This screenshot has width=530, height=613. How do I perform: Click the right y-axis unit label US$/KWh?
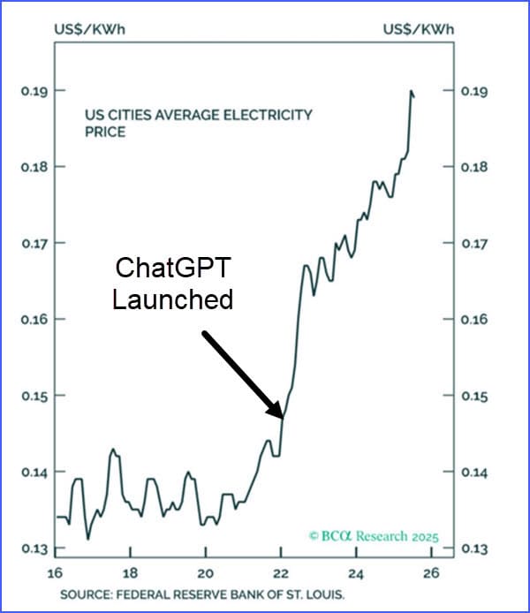click(x=418, y=29)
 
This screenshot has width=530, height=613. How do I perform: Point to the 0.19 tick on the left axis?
click(x=34, y=91)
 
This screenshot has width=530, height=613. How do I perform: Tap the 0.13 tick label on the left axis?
click(x=34, y=549)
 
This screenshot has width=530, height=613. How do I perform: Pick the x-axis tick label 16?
click(x=57, y=571)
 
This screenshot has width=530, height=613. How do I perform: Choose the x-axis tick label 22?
click(x=281, y=571)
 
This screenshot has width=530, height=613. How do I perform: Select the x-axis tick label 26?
click(x=431, y=571)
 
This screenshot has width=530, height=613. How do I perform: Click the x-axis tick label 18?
click(x=131, y=571)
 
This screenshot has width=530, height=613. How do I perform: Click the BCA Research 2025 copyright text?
click(x=374, y=536)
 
